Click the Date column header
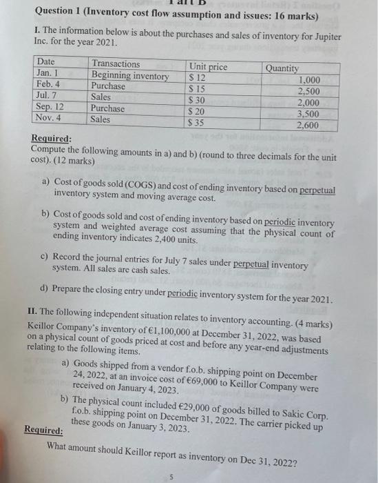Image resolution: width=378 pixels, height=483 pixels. point(46,63)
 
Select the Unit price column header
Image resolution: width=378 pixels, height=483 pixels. point(208,67)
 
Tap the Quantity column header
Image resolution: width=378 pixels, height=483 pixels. point(282,68)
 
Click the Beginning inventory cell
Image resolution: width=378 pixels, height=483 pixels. point(130,75)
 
